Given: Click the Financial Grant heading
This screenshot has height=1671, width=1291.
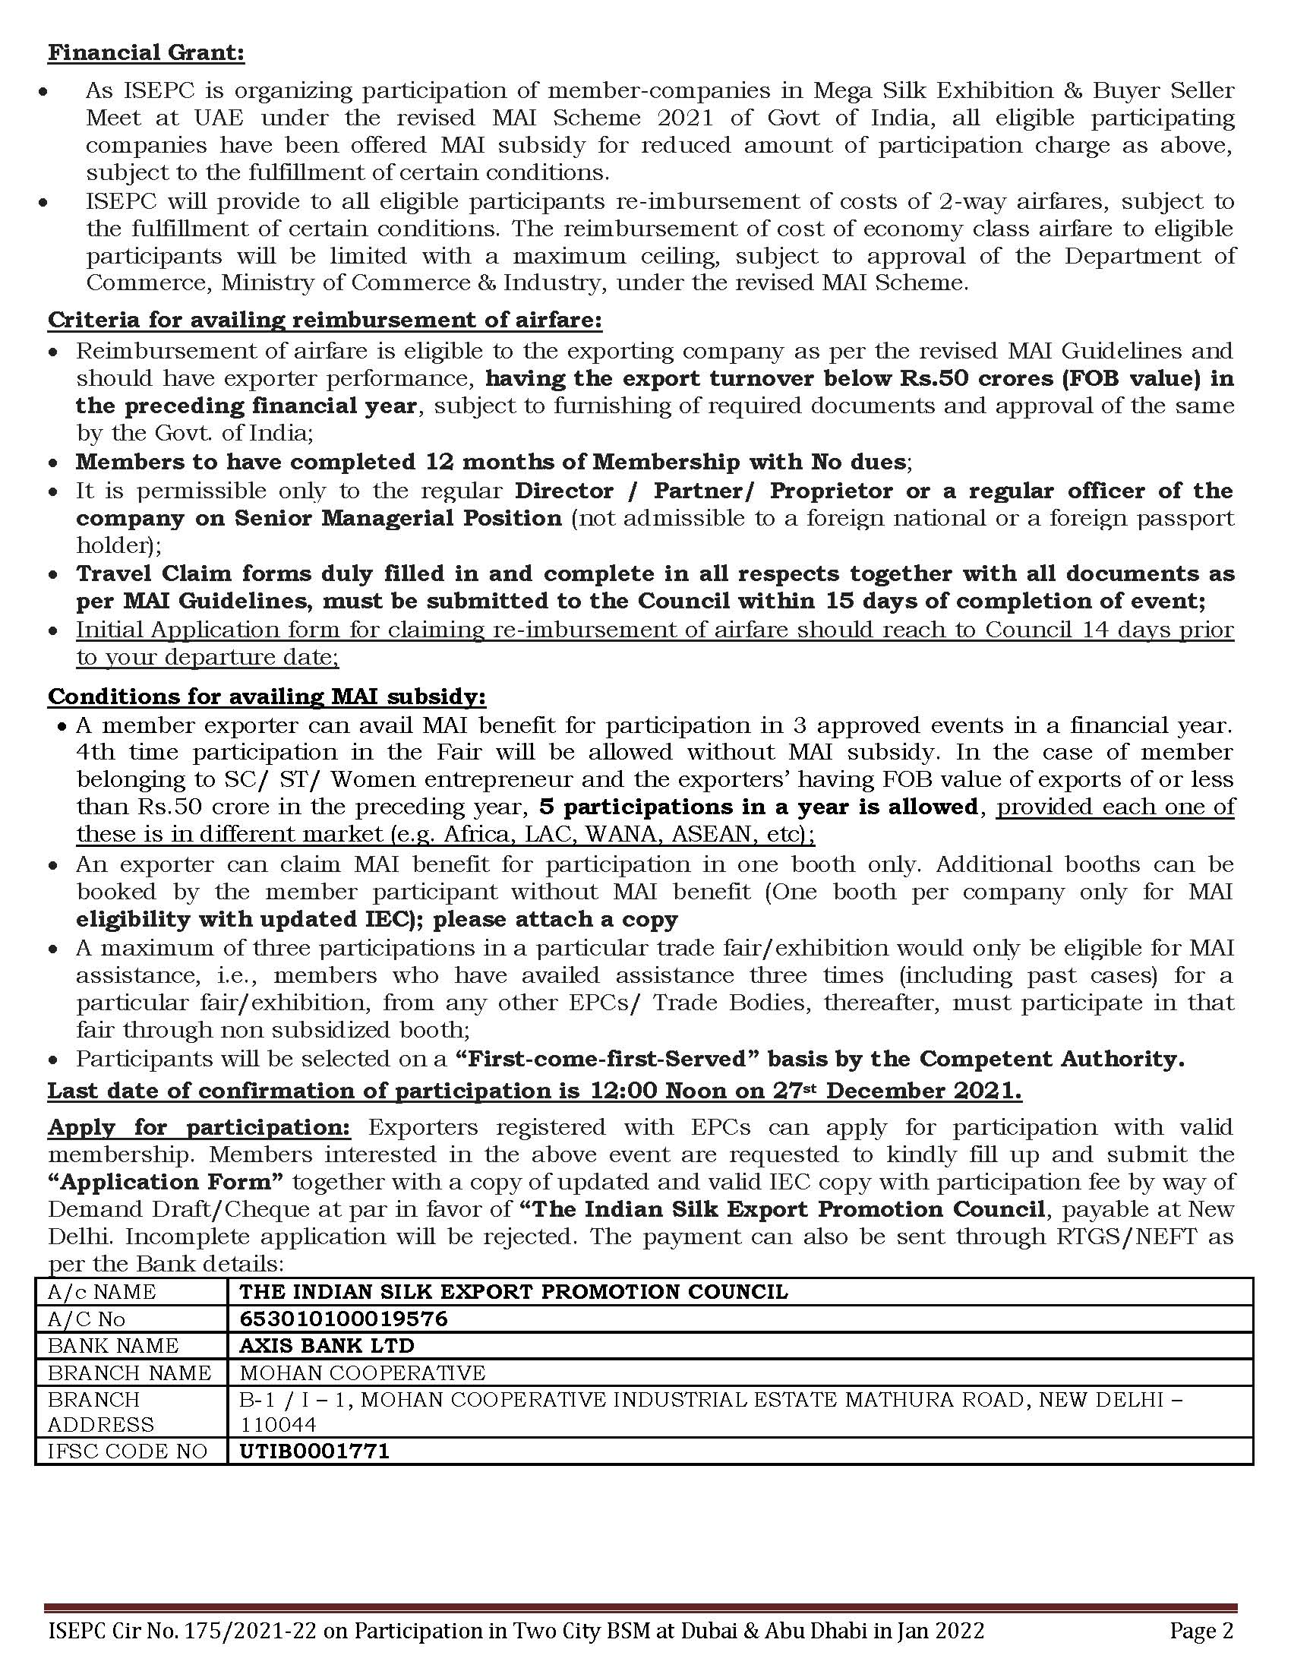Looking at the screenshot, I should click(x=146, y=53).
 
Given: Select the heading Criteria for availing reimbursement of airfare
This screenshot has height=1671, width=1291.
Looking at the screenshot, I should click(x=324, y=319).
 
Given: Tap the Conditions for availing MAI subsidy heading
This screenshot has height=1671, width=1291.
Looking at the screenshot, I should click(x=267, y=697).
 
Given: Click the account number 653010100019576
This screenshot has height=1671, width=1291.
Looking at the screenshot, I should click(x=343, y=1319).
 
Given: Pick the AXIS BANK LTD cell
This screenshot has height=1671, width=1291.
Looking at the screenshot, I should click(x=327, y=1345).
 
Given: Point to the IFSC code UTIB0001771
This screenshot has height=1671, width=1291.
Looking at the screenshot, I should click(x=314, y=1451).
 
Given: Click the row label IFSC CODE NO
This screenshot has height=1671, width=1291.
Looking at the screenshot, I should click(x=127, y=1451).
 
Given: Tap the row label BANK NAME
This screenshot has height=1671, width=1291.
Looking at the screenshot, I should click(x=113, y=1345).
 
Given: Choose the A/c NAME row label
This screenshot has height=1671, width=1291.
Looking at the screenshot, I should click(x=102, y=1291).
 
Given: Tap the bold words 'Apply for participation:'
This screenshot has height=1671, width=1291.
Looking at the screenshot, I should click(x=199, y=1127).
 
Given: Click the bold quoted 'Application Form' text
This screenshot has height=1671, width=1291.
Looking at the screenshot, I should click(x=166, y=1181).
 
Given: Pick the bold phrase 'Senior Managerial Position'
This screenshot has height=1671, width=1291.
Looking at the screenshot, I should click(x=398, y=518).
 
